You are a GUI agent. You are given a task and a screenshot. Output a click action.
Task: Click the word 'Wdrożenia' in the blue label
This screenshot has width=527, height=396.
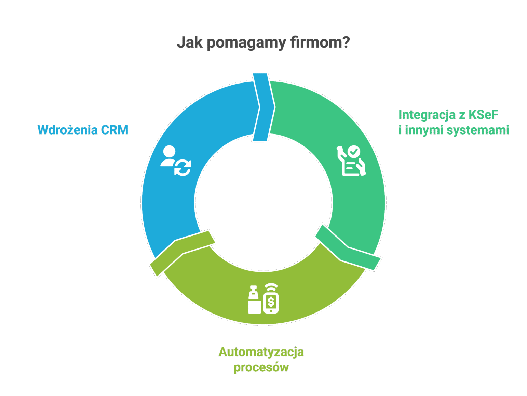66,130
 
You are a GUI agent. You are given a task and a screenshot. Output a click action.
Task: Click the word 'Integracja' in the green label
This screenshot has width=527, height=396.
427,115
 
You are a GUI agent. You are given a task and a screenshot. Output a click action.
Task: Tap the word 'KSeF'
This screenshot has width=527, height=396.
483,115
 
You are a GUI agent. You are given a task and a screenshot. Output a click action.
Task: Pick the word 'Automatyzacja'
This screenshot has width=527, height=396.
261,352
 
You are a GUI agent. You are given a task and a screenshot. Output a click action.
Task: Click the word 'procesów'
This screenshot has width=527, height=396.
261,368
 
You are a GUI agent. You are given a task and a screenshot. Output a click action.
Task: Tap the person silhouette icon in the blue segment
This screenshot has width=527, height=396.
168,156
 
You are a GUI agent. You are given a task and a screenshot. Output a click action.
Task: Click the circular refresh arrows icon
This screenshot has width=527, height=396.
183,168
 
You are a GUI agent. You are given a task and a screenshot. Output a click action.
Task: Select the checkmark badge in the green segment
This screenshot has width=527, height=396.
354,151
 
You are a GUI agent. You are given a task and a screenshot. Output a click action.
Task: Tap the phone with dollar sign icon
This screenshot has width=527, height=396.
271,302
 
